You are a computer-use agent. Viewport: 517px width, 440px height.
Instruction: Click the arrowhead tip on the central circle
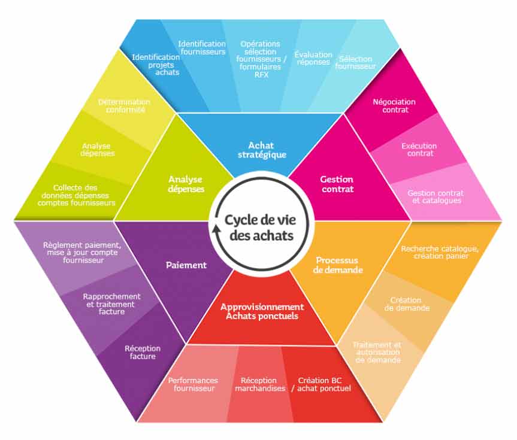click(217, 226)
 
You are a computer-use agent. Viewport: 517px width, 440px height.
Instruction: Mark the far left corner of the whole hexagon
click(14, 220)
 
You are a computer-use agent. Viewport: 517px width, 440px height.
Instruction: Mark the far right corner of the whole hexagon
click(502, 220)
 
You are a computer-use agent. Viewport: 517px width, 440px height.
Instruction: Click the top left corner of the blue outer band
click(136, 20)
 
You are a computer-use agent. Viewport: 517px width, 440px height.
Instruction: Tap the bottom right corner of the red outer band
click(382, 422)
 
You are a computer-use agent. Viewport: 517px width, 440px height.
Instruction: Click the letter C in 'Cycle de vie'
click(229, 220)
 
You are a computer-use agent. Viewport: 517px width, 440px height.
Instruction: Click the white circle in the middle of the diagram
click(261, 220)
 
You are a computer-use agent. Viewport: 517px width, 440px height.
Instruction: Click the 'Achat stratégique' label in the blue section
click(262, 150)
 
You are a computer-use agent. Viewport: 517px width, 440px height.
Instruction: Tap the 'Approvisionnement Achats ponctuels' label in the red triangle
click(262, 311)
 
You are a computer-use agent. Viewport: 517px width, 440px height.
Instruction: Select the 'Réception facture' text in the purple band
click(143, 353)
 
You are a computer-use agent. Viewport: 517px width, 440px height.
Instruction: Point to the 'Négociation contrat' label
click(394, 106)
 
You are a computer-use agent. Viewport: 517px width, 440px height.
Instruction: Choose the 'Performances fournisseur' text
click(194, 384)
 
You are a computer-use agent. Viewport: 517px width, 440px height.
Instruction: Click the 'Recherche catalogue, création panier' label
click(440, 252)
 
